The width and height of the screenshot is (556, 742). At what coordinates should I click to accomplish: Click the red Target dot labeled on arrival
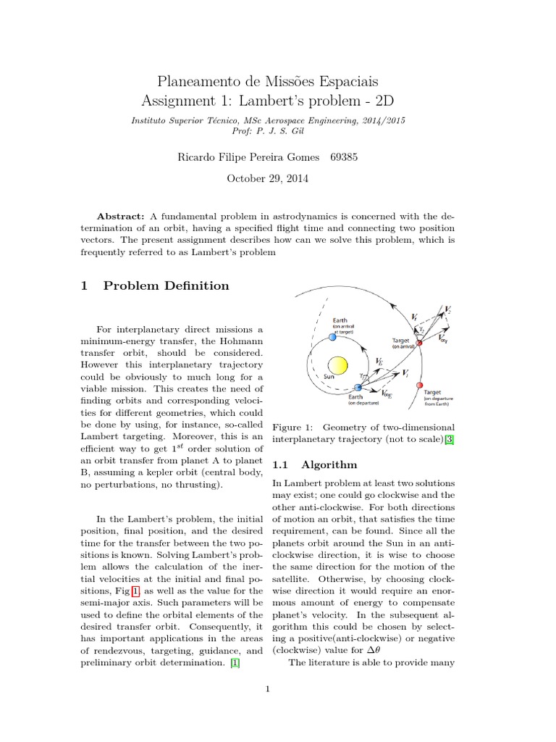click(418, 343)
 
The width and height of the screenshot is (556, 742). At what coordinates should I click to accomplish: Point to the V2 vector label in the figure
click(449, 309)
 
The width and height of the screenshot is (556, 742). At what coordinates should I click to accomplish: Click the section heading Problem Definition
click(167, 285)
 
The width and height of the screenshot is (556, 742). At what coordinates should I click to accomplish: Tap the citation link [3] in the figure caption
click(449, 440)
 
